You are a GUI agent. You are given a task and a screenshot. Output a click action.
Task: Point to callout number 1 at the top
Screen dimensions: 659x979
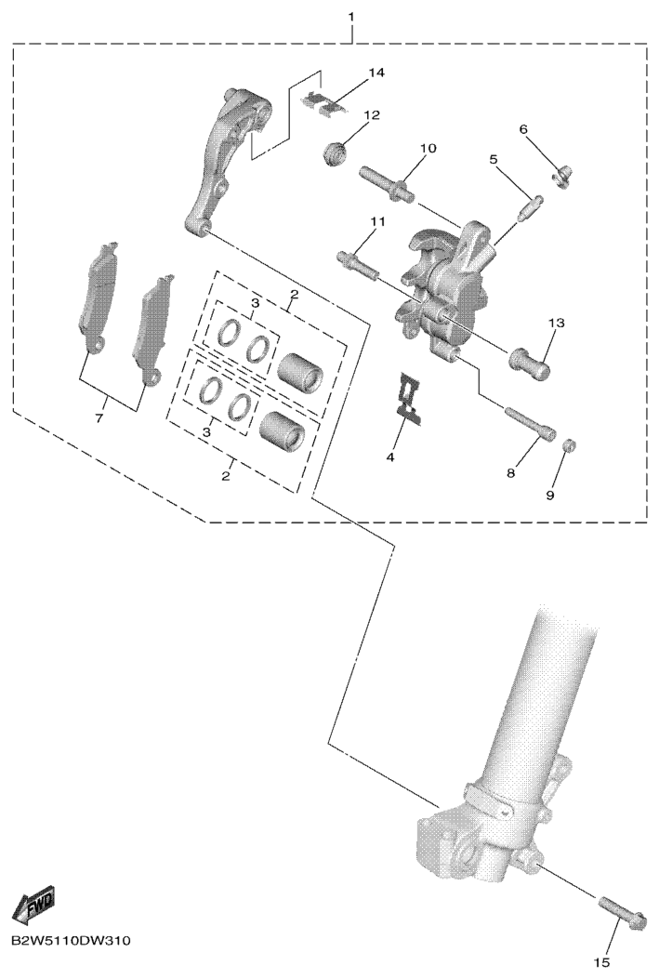click(350, 16)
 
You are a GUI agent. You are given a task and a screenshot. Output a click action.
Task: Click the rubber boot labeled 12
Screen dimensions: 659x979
click(337, 155)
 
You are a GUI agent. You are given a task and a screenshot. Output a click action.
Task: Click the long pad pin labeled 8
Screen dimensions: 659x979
click(529, 424)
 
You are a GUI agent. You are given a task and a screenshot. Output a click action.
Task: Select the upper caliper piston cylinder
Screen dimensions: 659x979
click(298, 369)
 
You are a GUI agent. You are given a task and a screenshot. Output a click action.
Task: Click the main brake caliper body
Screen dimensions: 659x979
click(444, 288)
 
